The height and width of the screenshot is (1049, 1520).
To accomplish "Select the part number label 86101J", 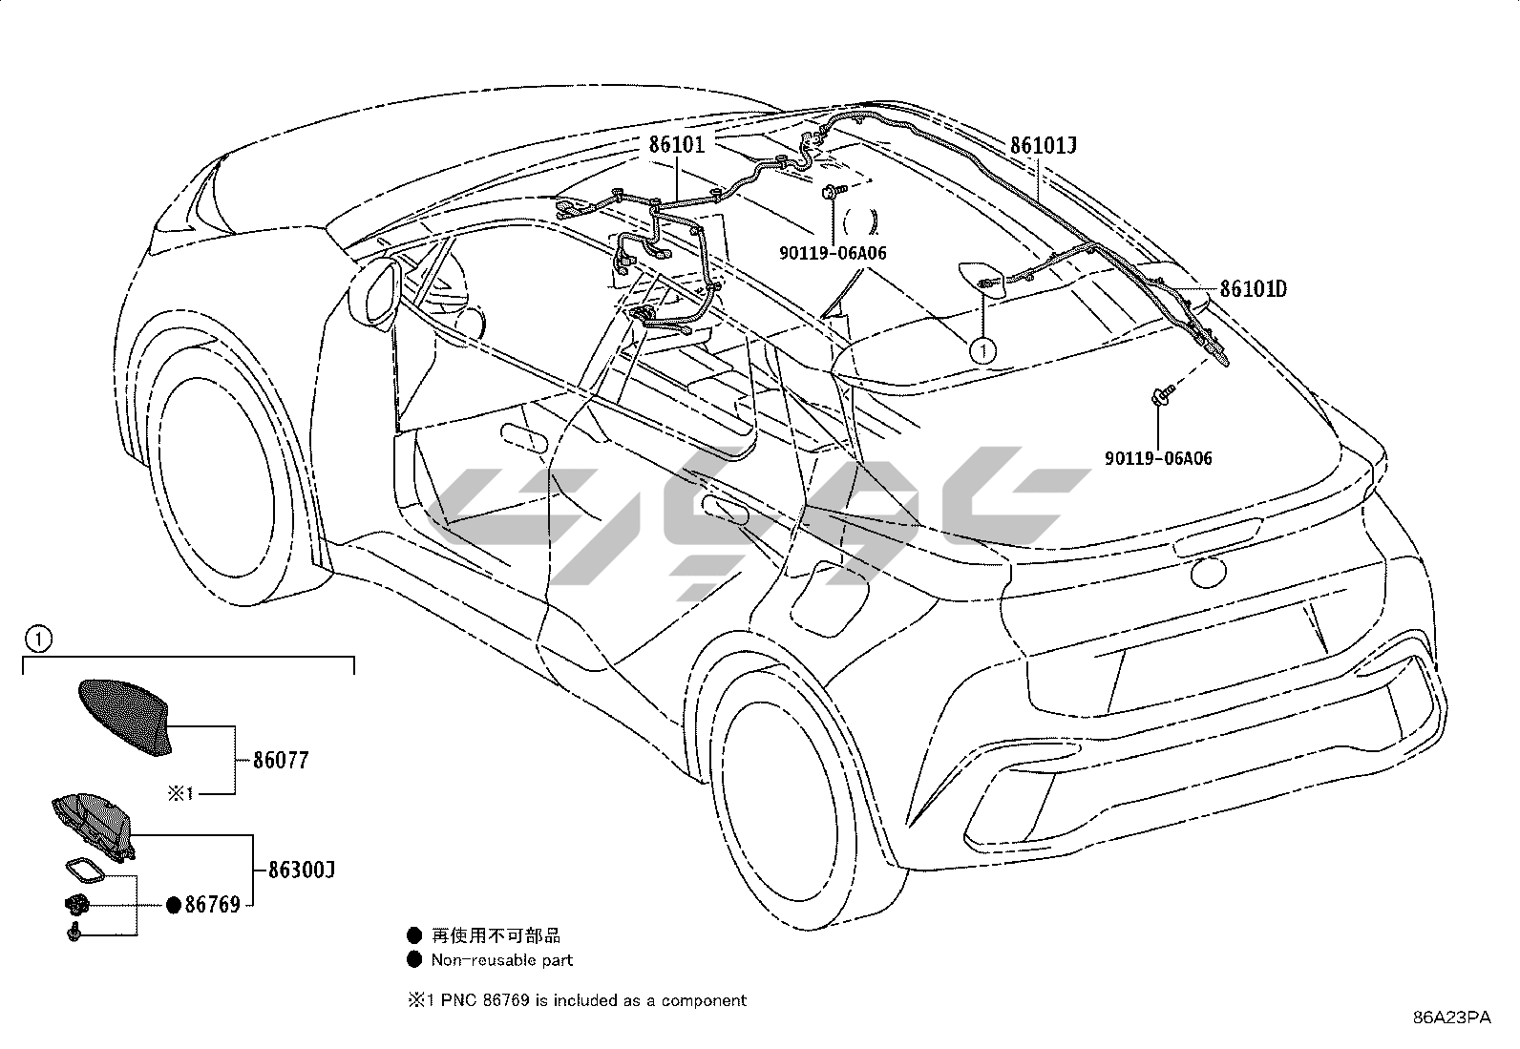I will pyautogui.click(x=1044, y=145).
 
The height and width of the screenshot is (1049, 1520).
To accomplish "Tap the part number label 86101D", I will pyautogui.click(x=1253, y=288).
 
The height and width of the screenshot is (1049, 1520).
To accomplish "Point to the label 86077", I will pyautogui.click(x=281, y=761).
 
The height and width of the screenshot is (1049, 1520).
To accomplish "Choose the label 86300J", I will pyautogui.click(x=302, y=870).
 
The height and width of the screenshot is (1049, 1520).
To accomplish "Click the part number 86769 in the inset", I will pyautogui.click(x=212, y=905).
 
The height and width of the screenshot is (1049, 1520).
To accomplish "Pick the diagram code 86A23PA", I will pyautogui.click(x=1452, y=1018).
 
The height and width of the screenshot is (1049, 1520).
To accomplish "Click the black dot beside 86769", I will pyautogui.click(x=174, y=905).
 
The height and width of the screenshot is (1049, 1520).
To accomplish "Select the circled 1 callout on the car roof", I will pyautogui.click(x=982, y=350).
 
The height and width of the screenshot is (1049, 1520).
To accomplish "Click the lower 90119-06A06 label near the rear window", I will pyautogui.click(x=1158, y=458).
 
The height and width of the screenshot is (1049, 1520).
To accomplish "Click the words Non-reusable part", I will pyautogui.click(x=501, y=960).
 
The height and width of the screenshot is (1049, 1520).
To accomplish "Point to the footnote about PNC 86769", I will pyautogui.click(x=577, y=1000).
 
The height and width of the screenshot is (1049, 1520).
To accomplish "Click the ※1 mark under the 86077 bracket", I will pyautogui.click(x=181, y=792).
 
